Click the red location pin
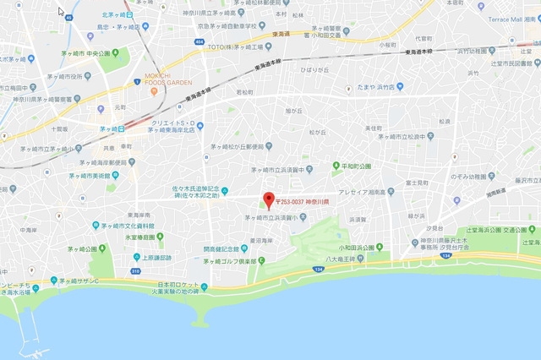point(270,201)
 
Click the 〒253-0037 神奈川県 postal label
point(303,203)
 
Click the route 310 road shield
point(135,270)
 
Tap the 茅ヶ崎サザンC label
point(79,280)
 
